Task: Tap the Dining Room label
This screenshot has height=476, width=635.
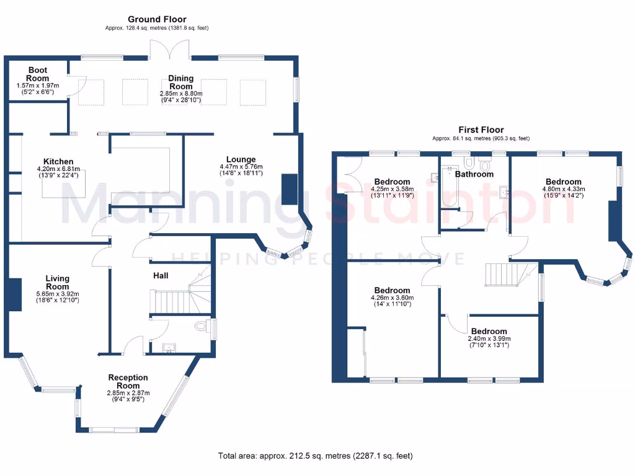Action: tap(181, 82)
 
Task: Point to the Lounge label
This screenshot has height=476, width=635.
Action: tap(241, 159)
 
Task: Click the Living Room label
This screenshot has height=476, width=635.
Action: tap(58, 283)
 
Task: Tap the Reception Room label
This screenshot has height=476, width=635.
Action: tap(128, 382)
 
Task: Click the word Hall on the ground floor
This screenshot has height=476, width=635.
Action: tap(161, 275)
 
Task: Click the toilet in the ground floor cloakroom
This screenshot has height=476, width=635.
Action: tap(201, 326)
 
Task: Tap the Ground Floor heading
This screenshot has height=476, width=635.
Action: tap(157, 19)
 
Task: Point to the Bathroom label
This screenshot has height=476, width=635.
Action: tap(474, 174)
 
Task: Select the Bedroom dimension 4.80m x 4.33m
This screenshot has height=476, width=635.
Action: tap(564, 190)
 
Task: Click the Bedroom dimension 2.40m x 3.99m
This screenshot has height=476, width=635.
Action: tap(489, 339)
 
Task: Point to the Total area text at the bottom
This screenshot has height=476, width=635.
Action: tap(315, 456)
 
